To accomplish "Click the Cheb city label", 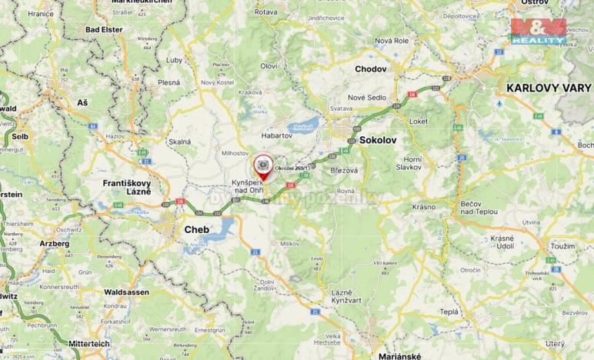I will click(x=196, y=229).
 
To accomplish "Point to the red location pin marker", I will click(x=264, y=168).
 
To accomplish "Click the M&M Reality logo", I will click(x=539, y=31).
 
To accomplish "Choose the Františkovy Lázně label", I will click(x=128, y=186).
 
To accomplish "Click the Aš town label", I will click(x=82, y=102).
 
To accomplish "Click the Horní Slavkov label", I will click(x=430, y=162).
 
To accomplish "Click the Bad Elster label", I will click(x=104, y=29).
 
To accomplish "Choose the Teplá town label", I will click(x=449, y=312).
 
